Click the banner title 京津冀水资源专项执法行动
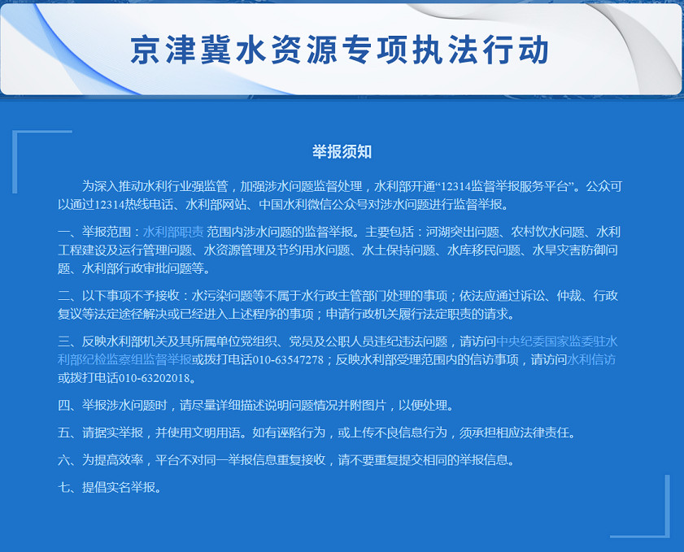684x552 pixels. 339,50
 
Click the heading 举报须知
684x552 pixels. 342,152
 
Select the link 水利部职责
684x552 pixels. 173,232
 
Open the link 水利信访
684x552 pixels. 591,359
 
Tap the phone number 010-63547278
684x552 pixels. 289,359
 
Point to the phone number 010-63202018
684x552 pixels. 155,377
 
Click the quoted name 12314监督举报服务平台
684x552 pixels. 505,187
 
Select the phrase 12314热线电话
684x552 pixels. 133,205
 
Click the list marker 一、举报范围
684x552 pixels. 94,232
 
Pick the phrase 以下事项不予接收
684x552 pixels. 131,296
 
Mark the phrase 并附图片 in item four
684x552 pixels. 362,405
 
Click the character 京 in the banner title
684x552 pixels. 146,50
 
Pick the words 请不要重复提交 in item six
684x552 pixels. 381,459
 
